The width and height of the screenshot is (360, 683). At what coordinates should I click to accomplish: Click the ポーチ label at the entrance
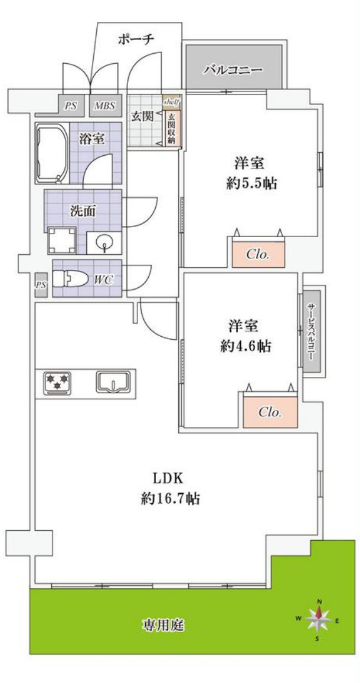(x=136, y=40)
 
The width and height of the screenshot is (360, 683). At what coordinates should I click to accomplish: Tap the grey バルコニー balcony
(x=236, y=67)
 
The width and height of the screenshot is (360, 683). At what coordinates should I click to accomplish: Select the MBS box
(x=105, y=105)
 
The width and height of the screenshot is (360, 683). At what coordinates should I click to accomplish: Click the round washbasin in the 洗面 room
(x=104, y=242)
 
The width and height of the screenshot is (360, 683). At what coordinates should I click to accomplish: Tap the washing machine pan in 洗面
(x=61, y=241)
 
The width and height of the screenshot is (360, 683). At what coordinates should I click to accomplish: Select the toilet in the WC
(x=69, y=279)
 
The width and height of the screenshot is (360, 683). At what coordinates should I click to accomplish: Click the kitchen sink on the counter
(x=113, y=382)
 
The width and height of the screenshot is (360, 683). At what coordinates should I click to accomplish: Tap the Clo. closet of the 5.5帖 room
(x=258, y=254)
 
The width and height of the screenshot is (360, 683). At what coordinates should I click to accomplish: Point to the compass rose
(x=318, y=619)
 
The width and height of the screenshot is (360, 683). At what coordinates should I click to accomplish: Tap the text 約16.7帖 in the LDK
(x=170, y=498)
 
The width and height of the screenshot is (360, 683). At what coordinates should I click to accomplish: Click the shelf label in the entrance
(x=171, y=102)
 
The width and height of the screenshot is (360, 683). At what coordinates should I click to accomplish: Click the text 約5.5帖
(x=253, y=183)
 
